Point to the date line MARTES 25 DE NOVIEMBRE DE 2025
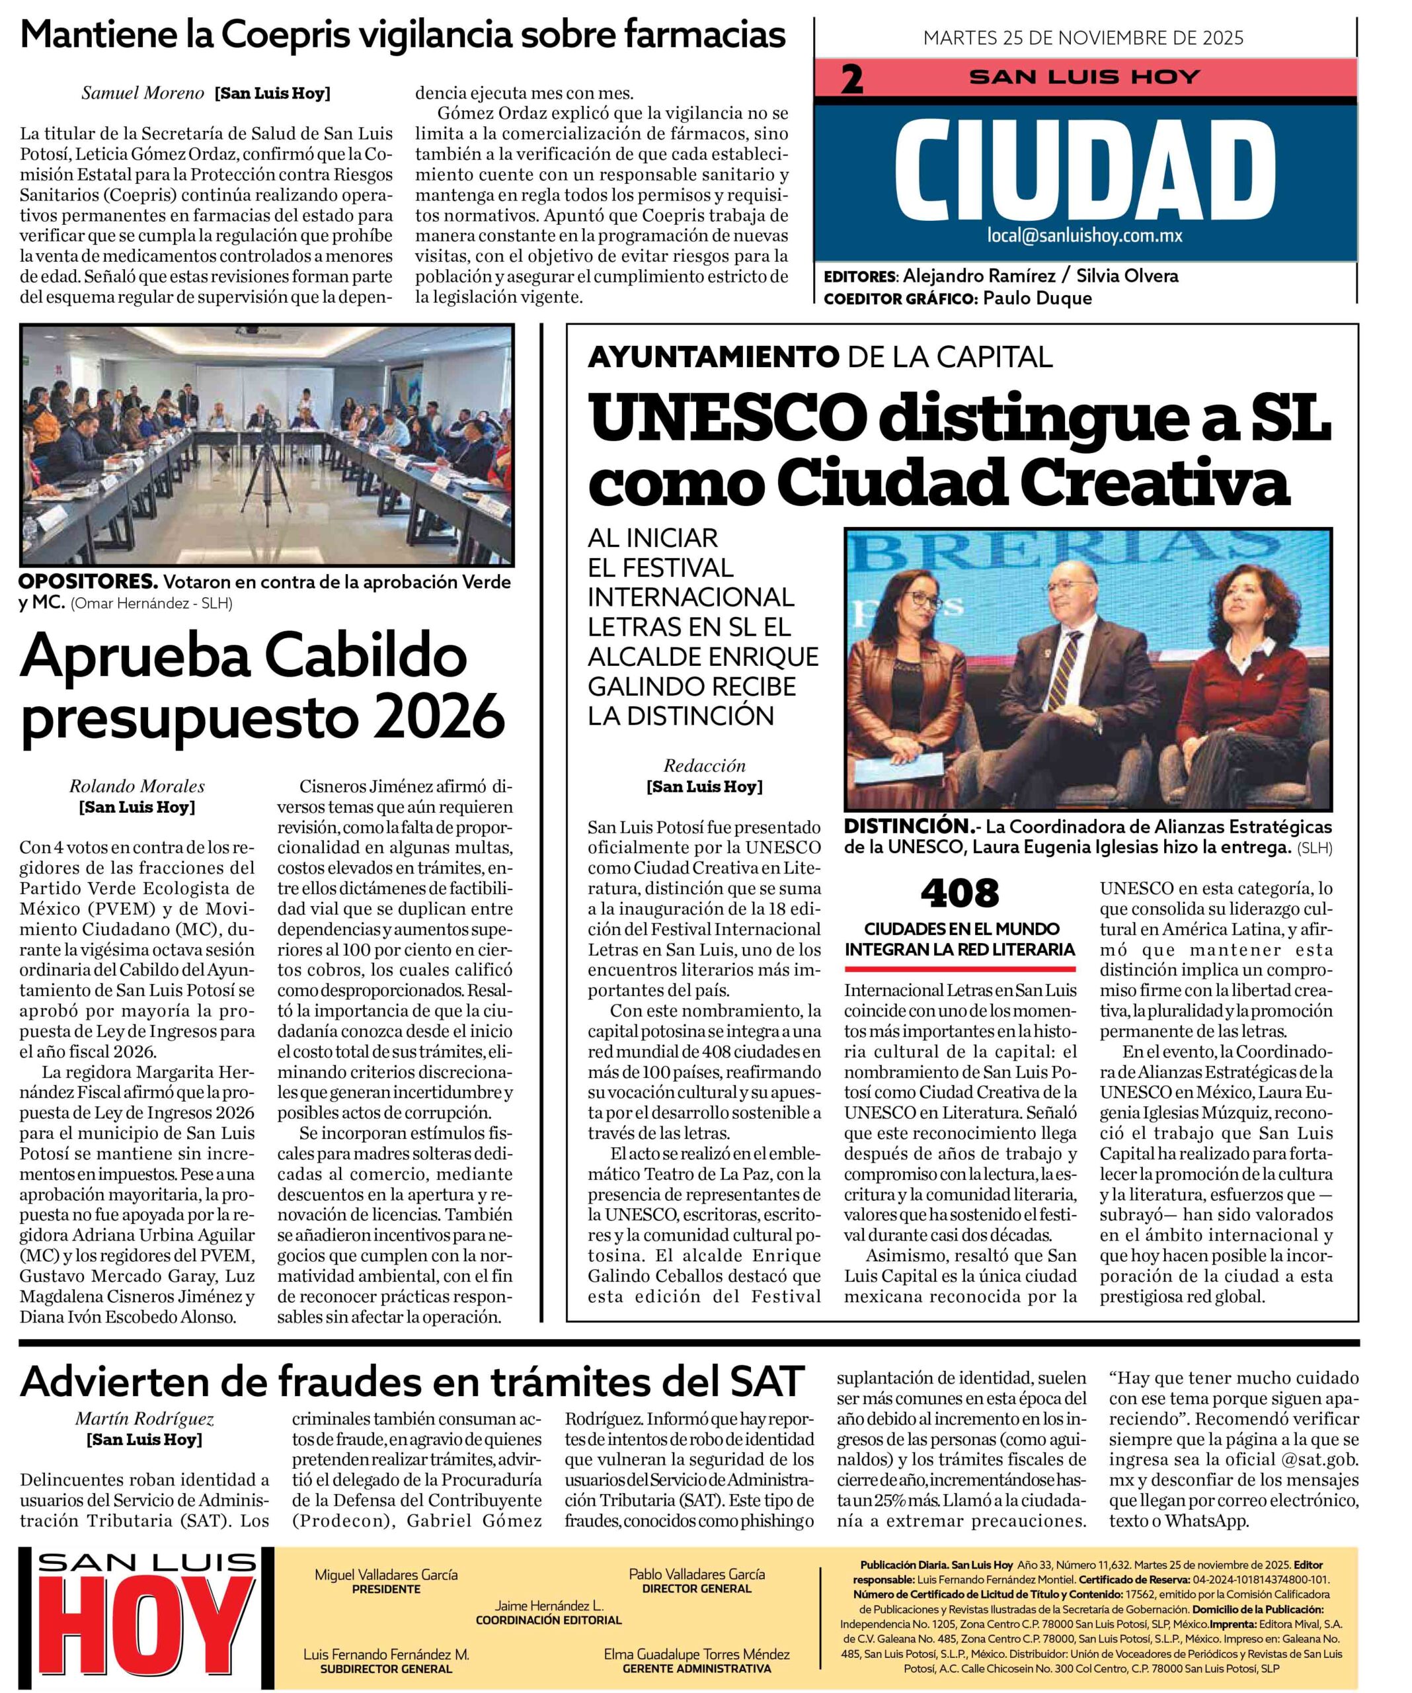click(x=1083, y=38)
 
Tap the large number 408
click(x=959, y=893)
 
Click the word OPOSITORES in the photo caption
click(x=87, y=581)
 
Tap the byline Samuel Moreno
click(x=143, y=93)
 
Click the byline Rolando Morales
click(x=137, y=786)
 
